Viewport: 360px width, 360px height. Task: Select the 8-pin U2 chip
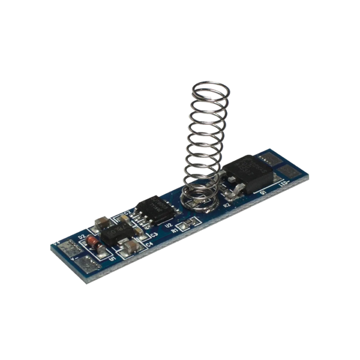tap(154, 210)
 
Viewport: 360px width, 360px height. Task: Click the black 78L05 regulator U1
tap(115, 236)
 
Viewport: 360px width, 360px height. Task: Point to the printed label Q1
tap(262, 193)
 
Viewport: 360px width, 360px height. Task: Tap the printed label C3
tap(154, 235)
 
